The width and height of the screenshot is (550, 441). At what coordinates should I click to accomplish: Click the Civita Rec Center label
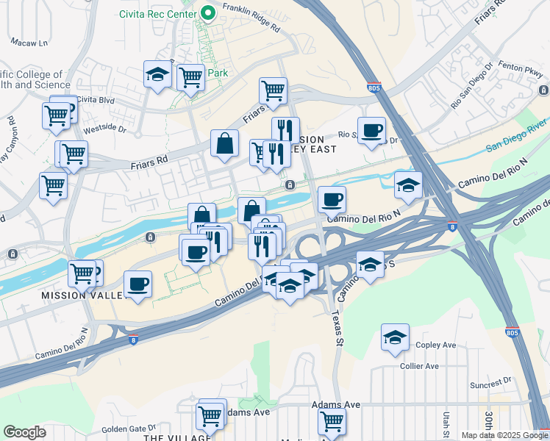pyautogui.click(x=158, y=13)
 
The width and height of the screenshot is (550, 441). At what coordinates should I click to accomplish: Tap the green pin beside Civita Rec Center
pyautogui.click(x=208, y=12)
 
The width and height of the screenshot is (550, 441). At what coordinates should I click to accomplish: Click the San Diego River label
pyautogui.click(x=518, y=136)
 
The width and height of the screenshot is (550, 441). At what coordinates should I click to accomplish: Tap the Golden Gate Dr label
pyautogui.click(x=129, y=428)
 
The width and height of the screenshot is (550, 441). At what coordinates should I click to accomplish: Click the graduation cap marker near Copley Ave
pyautogui.click(x=395, y=338)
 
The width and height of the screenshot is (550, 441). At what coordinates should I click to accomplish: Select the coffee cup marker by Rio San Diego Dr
pyautogui.click(x=371, y=131)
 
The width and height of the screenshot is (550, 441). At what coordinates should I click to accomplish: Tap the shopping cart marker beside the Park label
pyautogui.click(x=191, y=76)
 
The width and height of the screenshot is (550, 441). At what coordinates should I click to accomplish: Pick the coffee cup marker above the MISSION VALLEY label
pyautogui.click(x=138, y=284)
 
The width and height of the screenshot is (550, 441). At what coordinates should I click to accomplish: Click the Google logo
pyautogui.click(x=24, y=432)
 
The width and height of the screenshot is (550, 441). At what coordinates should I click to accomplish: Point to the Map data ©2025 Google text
pyautogui.click(x=504, y=435)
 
